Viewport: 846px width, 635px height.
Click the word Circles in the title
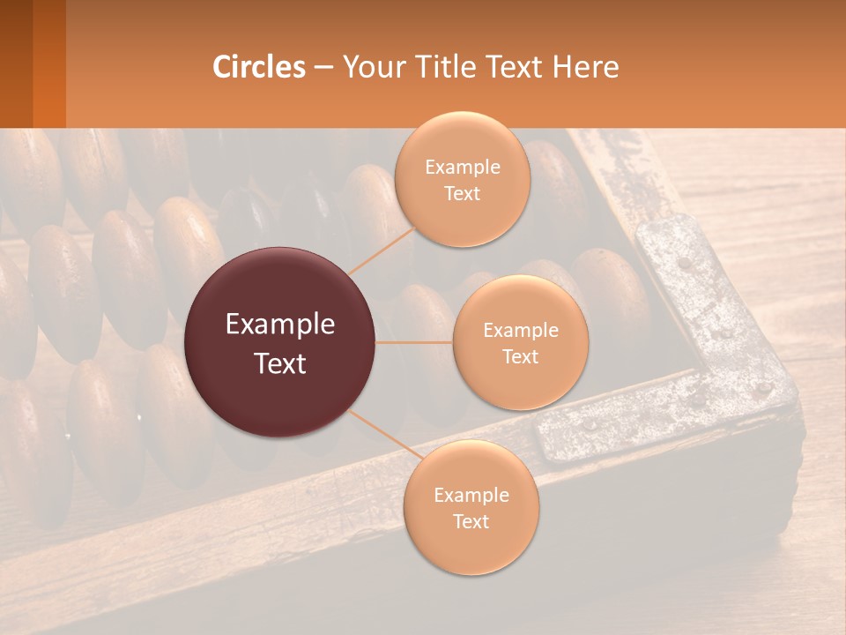[258, 67]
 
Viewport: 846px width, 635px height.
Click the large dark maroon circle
[280, 342]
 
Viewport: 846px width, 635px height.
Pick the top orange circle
[462, 180]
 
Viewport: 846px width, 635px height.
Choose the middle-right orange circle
[520, 342]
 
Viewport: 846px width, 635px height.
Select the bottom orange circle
[471, 507]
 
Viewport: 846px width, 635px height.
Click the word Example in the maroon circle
[280, 325]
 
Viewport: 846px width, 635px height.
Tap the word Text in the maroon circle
[280, 362]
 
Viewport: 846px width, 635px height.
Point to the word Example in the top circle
[462, 168]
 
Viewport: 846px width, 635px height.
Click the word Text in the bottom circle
[471, 521]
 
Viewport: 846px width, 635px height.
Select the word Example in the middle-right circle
[520, 331]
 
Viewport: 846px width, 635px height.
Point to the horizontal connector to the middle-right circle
[414, 342]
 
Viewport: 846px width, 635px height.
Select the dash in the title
[323, 68]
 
